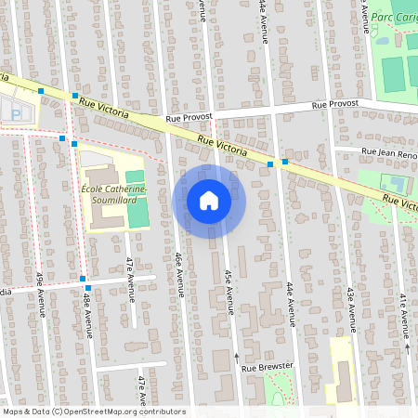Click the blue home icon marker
pos(209,201)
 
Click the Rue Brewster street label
pos(267,368)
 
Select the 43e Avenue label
pos(351,308)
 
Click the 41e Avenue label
pos(405,316)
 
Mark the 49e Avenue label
pos(41,294)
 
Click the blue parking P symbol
pos(16,111)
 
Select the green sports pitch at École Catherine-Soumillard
pos(137,213)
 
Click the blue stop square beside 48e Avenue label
pos(83,280)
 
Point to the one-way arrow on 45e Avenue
pos(236,356)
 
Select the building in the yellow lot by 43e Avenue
pos(342,381)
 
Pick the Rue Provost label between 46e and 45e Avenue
pos(189,118)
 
